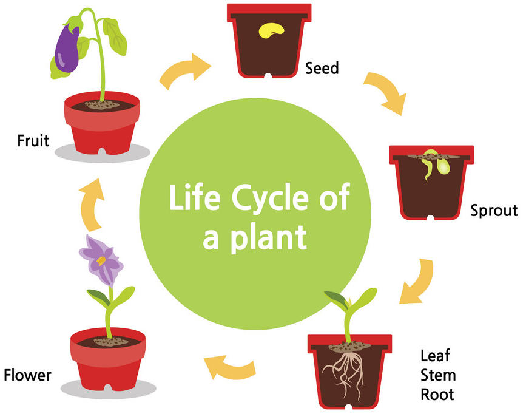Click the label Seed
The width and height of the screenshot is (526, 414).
tap(322, 67)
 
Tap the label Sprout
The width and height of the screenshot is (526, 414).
tap(494, 211)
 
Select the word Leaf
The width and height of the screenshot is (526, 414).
tap(435, 355)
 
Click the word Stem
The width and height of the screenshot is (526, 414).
tap(437, 374)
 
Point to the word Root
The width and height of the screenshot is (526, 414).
tap(437, 394)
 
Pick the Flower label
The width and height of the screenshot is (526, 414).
tap(27, 375)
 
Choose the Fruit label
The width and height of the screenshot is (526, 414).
tap(33, 141)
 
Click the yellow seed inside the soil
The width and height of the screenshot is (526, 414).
tap(272, 29)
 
